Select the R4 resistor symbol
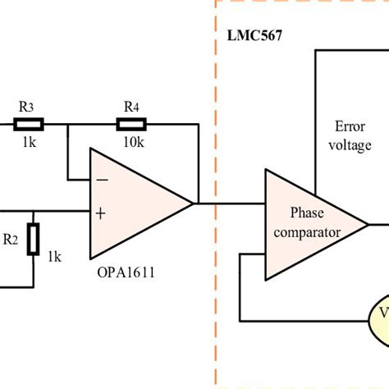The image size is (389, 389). [132, 124]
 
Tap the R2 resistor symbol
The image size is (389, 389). [32, 240]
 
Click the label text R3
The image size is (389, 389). [26, 107]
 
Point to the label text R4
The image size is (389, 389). [131, 107]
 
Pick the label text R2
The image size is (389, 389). [10, 240]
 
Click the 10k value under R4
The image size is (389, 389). [132, 141]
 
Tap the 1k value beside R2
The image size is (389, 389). [54, 257]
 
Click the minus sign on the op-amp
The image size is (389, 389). [101, 178]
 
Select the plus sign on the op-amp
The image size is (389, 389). [100, 213]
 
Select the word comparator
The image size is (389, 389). [306, 232]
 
